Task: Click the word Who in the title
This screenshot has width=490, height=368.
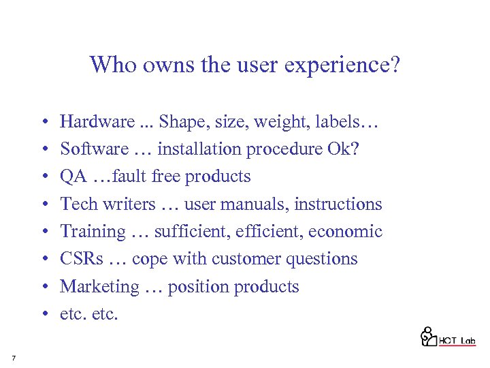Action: tap(108, 65)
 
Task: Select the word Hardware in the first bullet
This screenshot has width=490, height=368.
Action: tap(97, 122)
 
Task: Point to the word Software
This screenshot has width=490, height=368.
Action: tap(94, 149)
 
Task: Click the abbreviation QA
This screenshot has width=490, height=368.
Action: tap(73, 177)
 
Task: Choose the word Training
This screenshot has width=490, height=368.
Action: tap(93, 232)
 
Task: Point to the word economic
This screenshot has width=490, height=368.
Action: tap(345, 231)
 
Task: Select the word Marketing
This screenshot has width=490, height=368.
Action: tap(99, 287)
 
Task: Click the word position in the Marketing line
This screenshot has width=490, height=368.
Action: tap(199, 287)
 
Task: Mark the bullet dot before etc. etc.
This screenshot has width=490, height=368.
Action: tap(43, 314)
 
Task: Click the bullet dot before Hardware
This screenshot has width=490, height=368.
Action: tap(43, 123)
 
